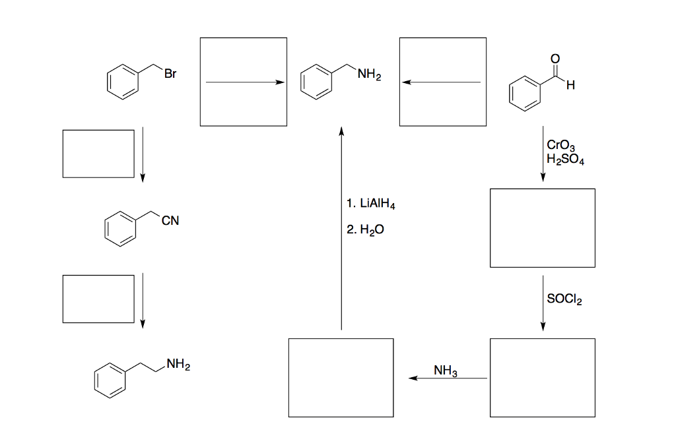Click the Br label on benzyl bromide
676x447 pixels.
click(170, 74)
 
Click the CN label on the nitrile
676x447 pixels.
click(170, 222)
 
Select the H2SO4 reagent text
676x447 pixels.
click(566, 159)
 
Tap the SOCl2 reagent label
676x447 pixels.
click(565, 299)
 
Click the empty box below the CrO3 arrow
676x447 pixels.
click(542, 227)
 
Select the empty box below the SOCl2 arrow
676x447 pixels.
click(542, 377)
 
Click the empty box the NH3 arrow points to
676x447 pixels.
click(341, 377)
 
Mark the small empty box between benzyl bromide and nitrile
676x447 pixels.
click(98, 154)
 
